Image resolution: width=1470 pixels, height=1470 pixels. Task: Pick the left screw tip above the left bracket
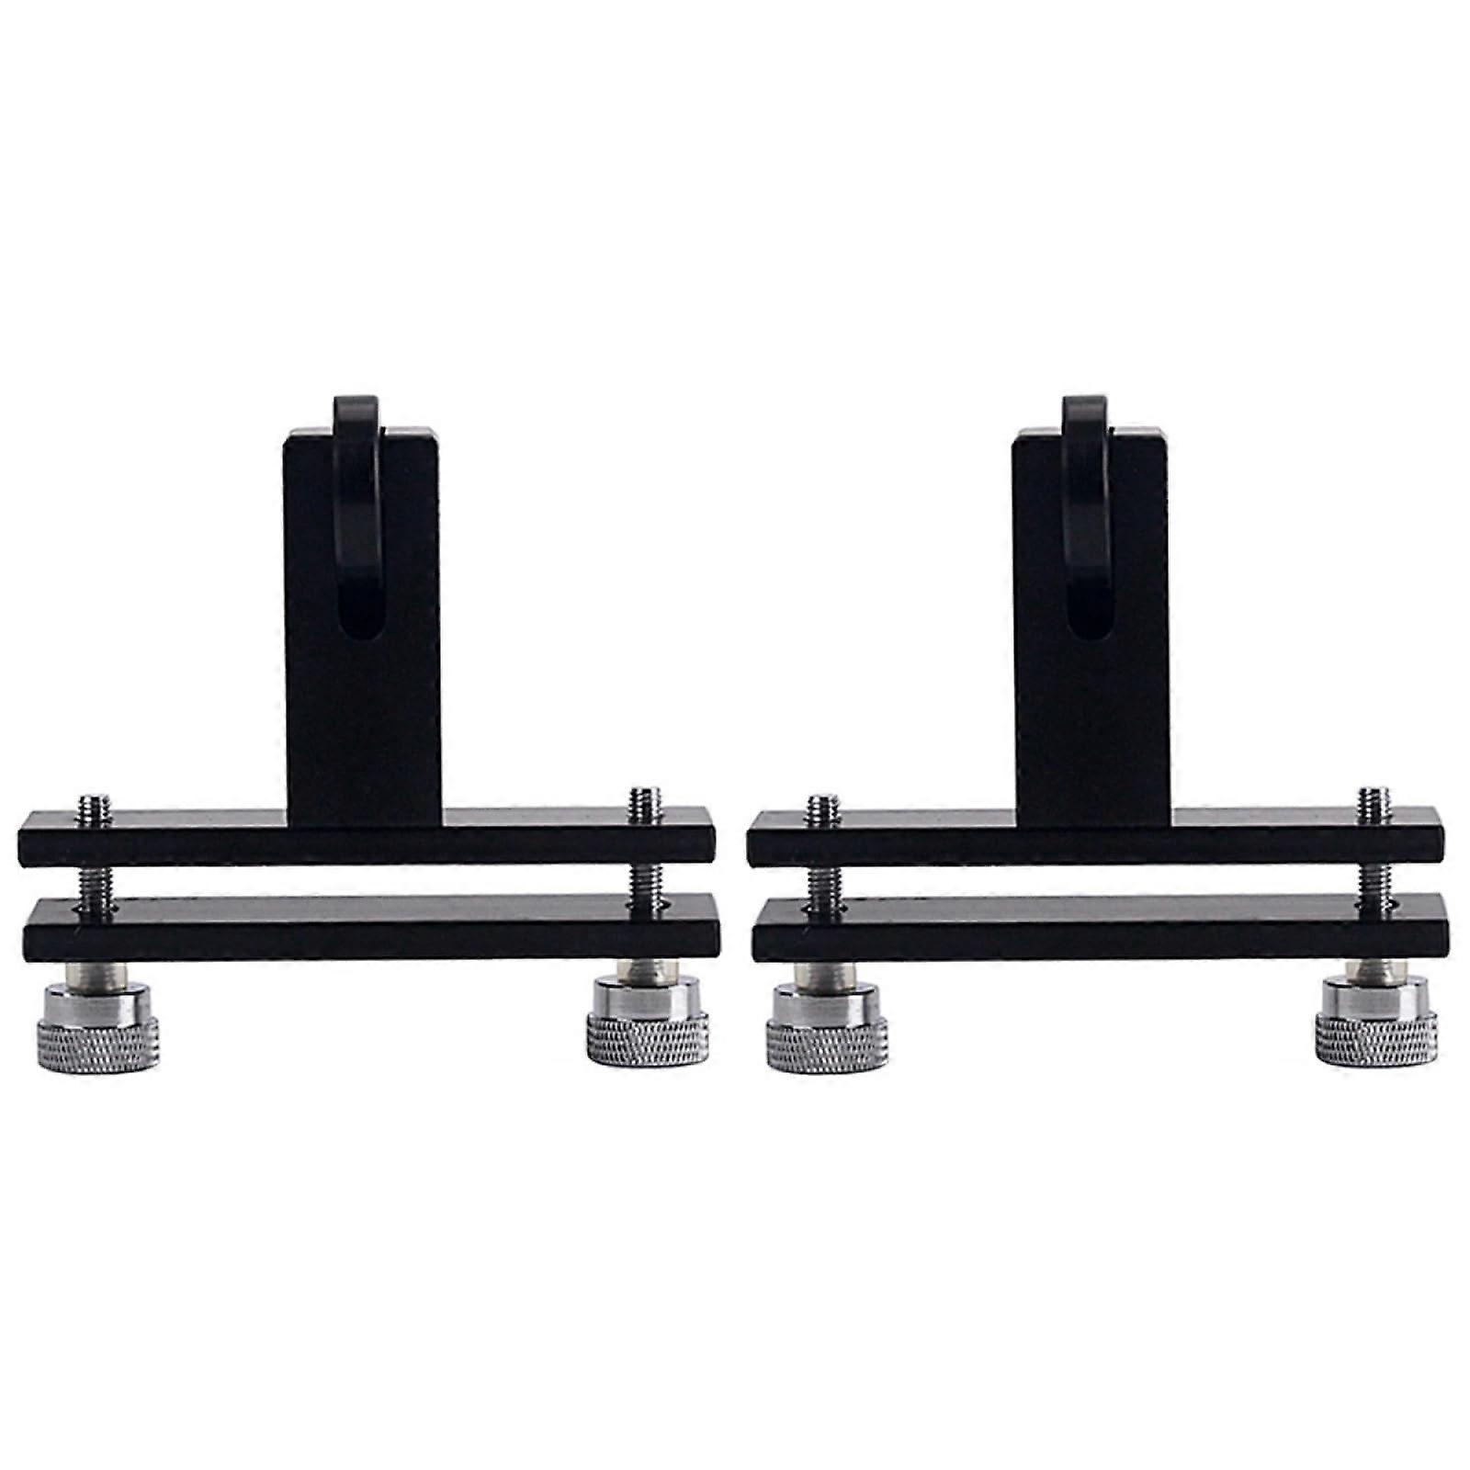(x=95, y=809)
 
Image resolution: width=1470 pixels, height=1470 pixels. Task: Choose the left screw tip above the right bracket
(x=823, y=809)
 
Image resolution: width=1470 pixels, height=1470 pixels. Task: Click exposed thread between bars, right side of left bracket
(x=644, y=880)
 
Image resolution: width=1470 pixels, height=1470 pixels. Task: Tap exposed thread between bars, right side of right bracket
(x=1373, y=880)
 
